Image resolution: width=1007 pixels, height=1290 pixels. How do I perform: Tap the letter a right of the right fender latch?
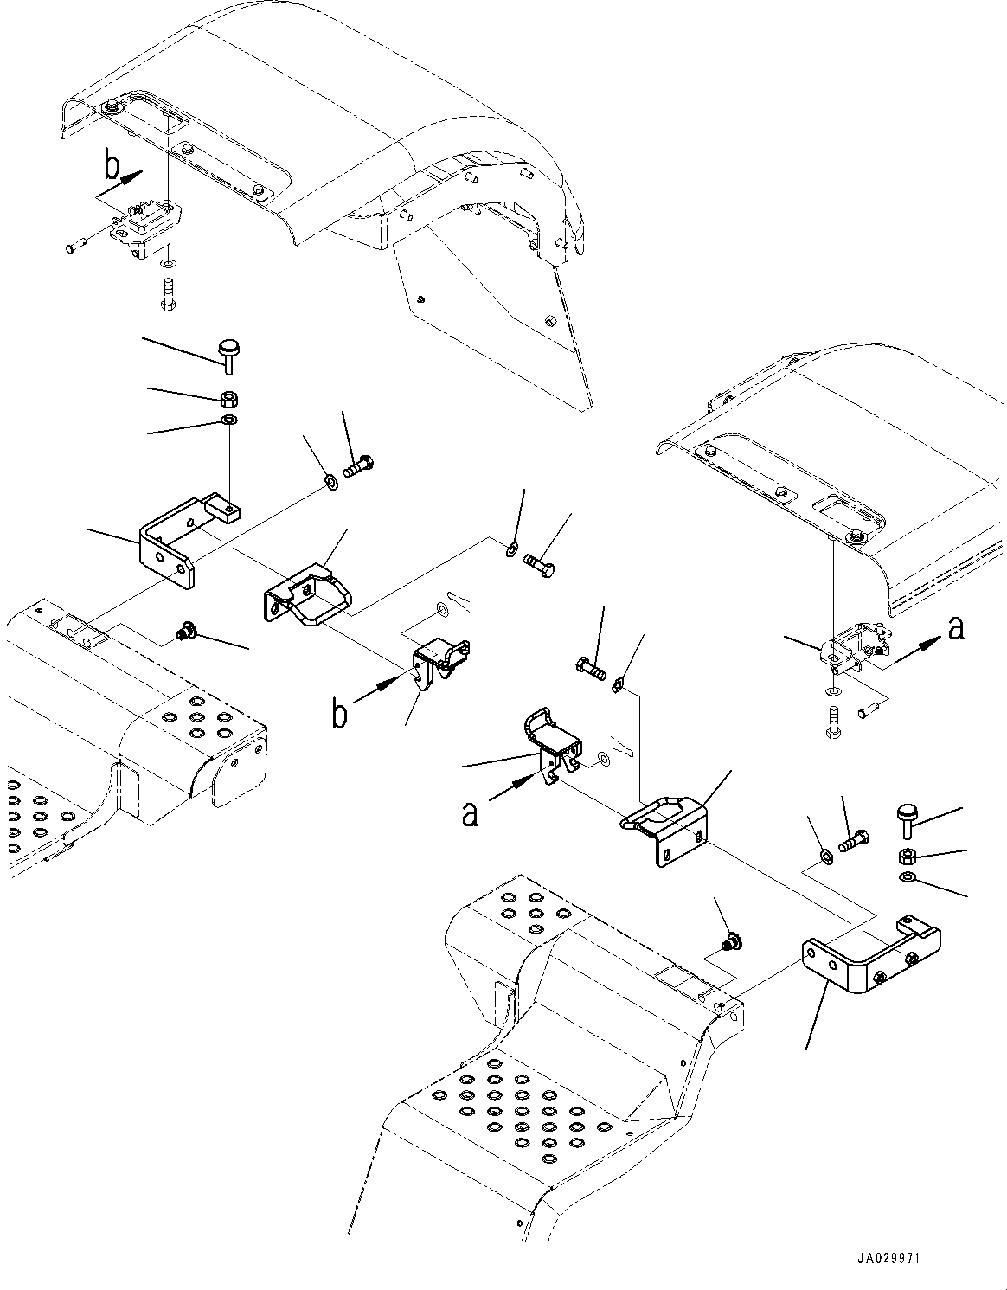click(x=954, y=628)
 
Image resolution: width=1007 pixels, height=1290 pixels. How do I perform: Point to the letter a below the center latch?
click(x=470, y=812)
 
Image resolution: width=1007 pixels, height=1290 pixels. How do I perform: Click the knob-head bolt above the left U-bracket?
click(x=228, y=354)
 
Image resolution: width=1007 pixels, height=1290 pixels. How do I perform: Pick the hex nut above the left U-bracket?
click(x=229, y=399)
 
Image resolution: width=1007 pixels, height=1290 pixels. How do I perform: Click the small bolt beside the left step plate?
click(x=184, y=632)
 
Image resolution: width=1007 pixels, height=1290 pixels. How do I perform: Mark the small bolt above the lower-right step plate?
click(x=732, y=940)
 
